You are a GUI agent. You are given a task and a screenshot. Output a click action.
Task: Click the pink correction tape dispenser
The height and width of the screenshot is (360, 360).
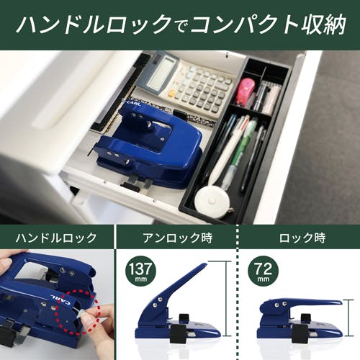coord(244,92)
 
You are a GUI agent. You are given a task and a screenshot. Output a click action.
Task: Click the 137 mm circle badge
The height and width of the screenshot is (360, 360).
coord(140,271)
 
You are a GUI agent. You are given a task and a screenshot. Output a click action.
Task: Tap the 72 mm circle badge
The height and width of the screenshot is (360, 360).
coord(264,271)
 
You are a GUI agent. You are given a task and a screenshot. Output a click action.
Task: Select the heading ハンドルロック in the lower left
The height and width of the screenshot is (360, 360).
coord(56,238)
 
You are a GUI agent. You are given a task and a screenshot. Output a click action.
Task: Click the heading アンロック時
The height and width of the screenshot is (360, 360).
coord(178,238)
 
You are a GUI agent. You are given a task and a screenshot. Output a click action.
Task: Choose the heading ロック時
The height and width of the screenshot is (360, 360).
coord(302,238)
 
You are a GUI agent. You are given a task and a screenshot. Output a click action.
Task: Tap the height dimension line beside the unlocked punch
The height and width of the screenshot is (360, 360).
coord(226,299)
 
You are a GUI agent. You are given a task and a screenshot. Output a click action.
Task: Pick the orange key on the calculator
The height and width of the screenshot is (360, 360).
coord(171,92)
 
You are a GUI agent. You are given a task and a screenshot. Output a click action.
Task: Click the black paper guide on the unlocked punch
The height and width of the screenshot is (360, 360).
coord(178,333)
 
